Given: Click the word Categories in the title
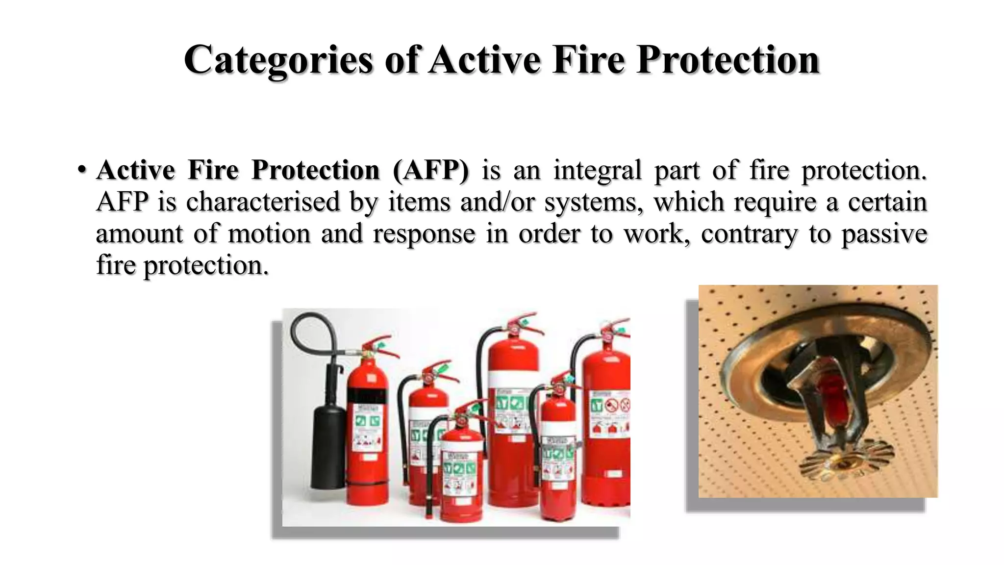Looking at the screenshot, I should point(278,60).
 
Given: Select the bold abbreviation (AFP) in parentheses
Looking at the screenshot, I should point(430,170).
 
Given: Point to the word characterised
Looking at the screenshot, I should point(263,202).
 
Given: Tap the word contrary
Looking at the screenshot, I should point(749,233).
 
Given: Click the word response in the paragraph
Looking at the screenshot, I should point(424,233).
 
